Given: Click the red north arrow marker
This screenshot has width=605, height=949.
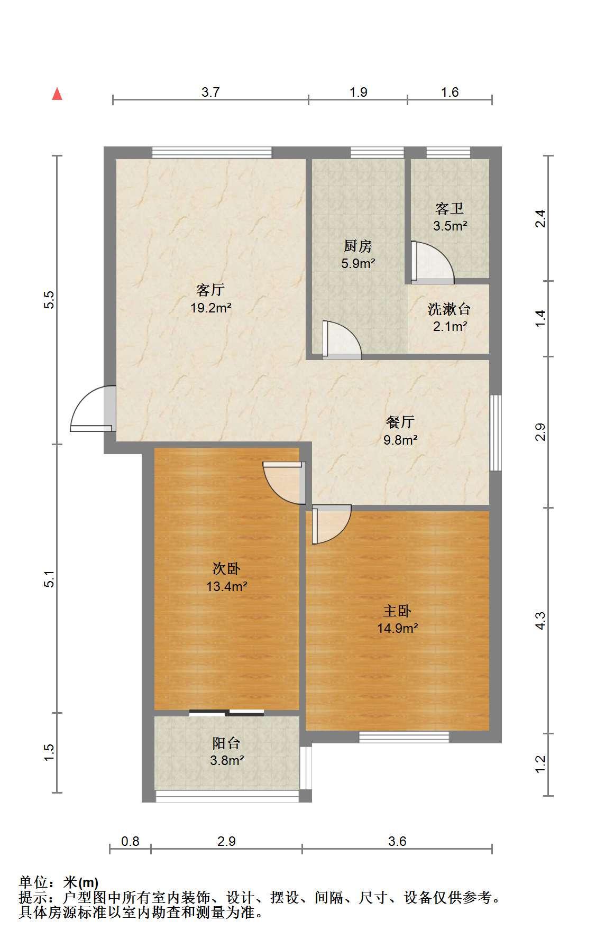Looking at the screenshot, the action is tap(57, 94).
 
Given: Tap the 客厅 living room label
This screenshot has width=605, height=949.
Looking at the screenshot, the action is tap(210, 290).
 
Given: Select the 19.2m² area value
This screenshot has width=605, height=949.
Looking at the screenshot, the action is tap(210, 308).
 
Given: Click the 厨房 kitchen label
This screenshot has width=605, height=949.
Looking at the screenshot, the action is tap(358, 246).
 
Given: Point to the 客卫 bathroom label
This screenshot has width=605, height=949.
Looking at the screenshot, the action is tap(450, 208).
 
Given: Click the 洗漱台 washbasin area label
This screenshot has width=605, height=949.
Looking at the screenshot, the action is tap(450, 309).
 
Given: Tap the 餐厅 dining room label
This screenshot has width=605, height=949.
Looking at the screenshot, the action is tap(400, 422).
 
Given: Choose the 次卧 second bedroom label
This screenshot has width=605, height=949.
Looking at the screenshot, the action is tap(226, 568).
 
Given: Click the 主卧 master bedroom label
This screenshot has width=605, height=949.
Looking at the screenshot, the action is tap(397, 611).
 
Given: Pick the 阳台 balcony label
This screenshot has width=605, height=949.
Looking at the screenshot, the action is tap(226, 743).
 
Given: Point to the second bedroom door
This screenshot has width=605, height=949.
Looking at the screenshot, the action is tap(285, 483).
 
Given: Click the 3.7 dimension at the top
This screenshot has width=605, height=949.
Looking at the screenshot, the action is tap(210, 92).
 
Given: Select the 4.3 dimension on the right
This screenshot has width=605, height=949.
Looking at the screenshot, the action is tap(540, 620).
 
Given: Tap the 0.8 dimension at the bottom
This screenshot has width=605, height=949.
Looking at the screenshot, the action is tap(130, 841).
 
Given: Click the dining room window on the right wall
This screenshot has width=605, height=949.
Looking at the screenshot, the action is tap(496, 432).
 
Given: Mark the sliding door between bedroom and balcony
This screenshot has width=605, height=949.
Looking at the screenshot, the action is tap(226, 713).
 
